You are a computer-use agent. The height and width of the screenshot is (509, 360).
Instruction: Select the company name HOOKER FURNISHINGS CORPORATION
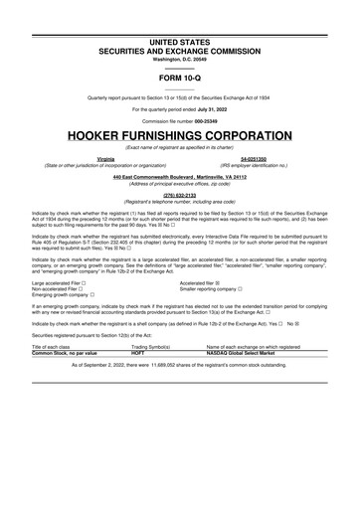pyautogui.click(x=180, y=133)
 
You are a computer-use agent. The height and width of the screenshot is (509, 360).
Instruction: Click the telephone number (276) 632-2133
pyautogui.click(x=180, y=195)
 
